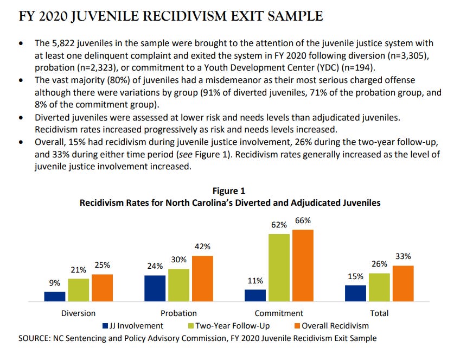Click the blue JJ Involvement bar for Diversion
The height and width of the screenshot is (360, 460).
point(55,296)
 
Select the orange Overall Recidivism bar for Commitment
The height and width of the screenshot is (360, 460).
point(303,265)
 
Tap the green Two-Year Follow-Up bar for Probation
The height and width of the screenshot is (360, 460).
point(178,285)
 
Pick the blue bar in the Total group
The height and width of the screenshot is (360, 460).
point(355,293)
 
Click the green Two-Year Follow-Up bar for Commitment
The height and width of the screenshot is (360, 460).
point(279,267)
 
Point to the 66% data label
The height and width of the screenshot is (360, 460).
point(303,221)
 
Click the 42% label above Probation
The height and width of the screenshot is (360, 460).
point(202,247)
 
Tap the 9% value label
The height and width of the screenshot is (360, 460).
point(54,283)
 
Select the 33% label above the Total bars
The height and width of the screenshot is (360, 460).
point(403,256)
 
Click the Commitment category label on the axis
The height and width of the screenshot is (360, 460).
point(279,313)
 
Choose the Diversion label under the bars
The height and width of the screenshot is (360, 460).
point(79,313)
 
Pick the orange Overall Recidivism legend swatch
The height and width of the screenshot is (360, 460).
point(297,326)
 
